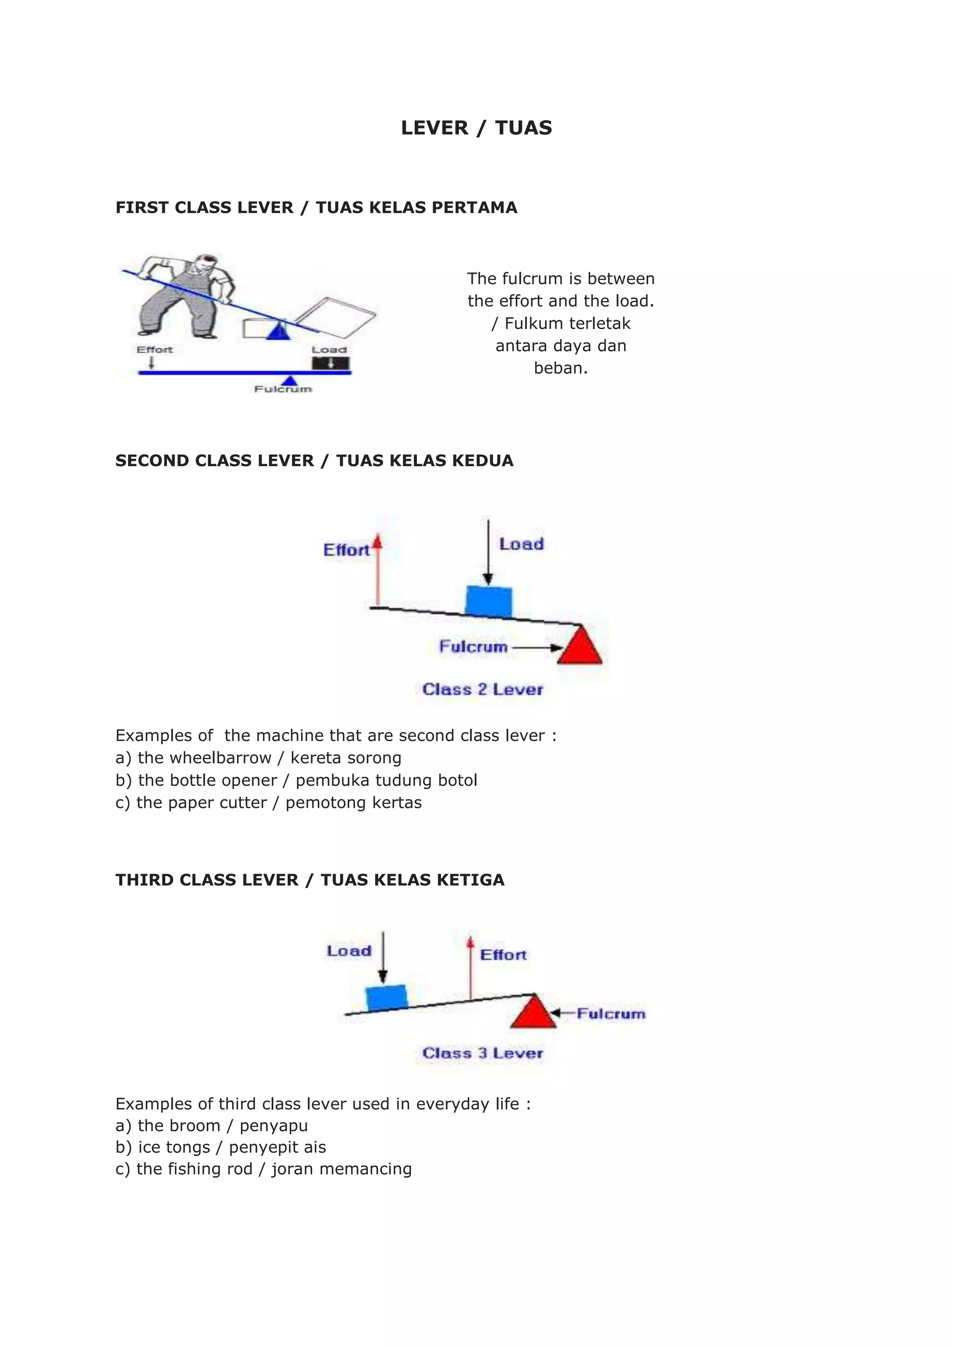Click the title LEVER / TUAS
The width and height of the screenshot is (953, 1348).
click(x=476, y=128)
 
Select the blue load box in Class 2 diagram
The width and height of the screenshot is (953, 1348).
click(x=488, y=600)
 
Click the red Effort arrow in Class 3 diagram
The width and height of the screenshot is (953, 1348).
click(x=470, y=969)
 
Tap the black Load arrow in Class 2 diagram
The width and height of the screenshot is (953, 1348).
click(x=488, y=552)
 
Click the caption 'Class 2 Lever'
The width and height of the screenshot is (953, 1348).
click(x=483, y=689)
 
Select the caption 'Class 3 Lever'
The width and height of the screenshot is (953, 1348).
click(x=483, y=1053)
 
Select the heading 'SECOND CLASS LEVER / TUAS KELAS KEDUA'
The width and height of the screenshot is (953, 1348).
click(x=314, y=461)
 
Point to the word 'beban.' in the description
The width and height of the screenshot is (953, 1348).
click(x=560, y=368)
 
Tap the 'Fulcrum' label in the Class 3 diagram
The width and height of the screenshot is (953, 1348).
click(x=611, y=1014)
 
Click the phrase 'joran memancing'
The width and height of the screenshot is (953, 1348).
click(x=342, y=1169)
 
